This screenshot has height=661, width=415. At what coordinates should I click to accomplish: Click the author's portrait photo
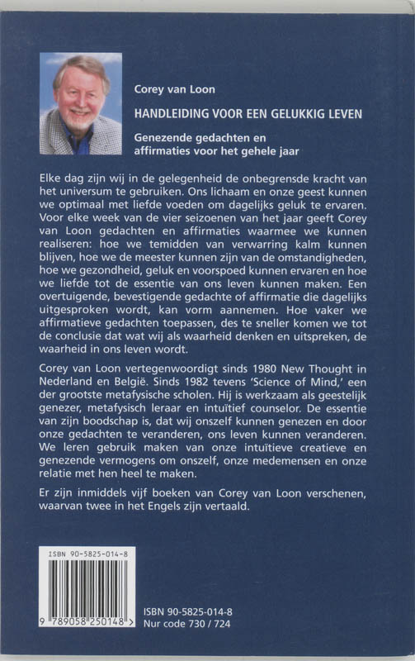point(80,103)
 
